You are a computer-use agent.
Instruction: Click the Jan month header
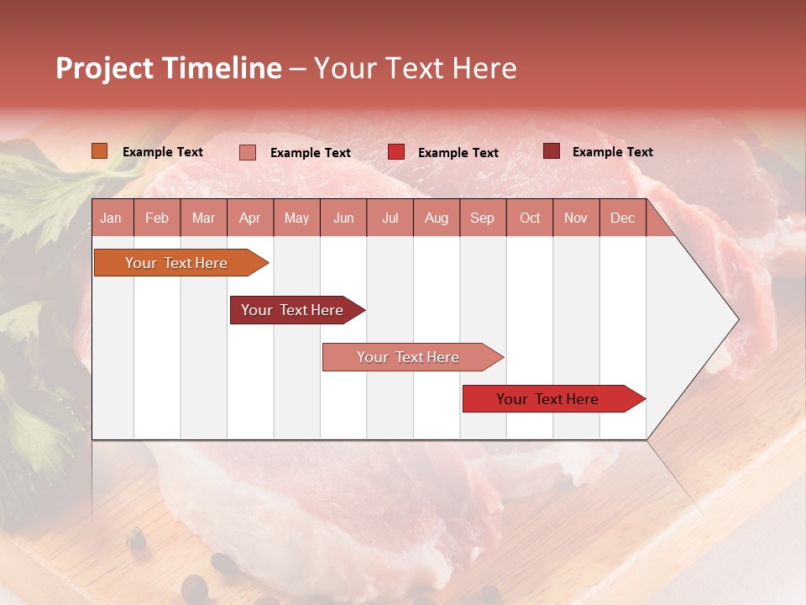click(x=112, y=218)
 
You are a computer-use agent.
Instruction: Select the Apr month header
click(x=250, y=218)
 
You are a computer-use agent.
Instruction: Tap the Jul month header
click(x=390, y=218)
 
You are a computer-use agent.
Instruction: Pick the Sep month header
click(x=483, y=218)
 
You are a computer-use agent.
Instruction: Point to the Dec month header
click(x=622, y=218)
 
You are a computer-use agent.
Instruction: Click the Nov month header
click(x=576, y=218)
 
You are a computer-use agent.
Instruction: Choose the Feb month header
click(x=157, y=218)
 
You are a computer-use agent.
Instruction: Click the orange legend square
click(x=99, y=151)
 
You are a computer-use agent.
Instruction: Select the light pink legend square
click(x=247, y=152)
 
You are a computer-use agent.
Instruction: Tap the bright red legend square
click(x=395, y=152)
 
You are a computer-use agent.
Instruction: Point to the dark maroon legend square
click(x=551, y=151)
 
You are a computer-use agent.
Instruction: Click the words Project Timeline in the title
click(x=168, y=68)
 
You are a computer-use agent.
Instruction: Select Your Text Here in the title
click(x=416, y=68)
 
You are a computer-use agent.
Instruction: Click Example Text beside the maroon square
click(x=612, y=152)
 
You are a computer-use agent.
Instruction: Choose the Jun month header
click(x=343, y=218)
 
